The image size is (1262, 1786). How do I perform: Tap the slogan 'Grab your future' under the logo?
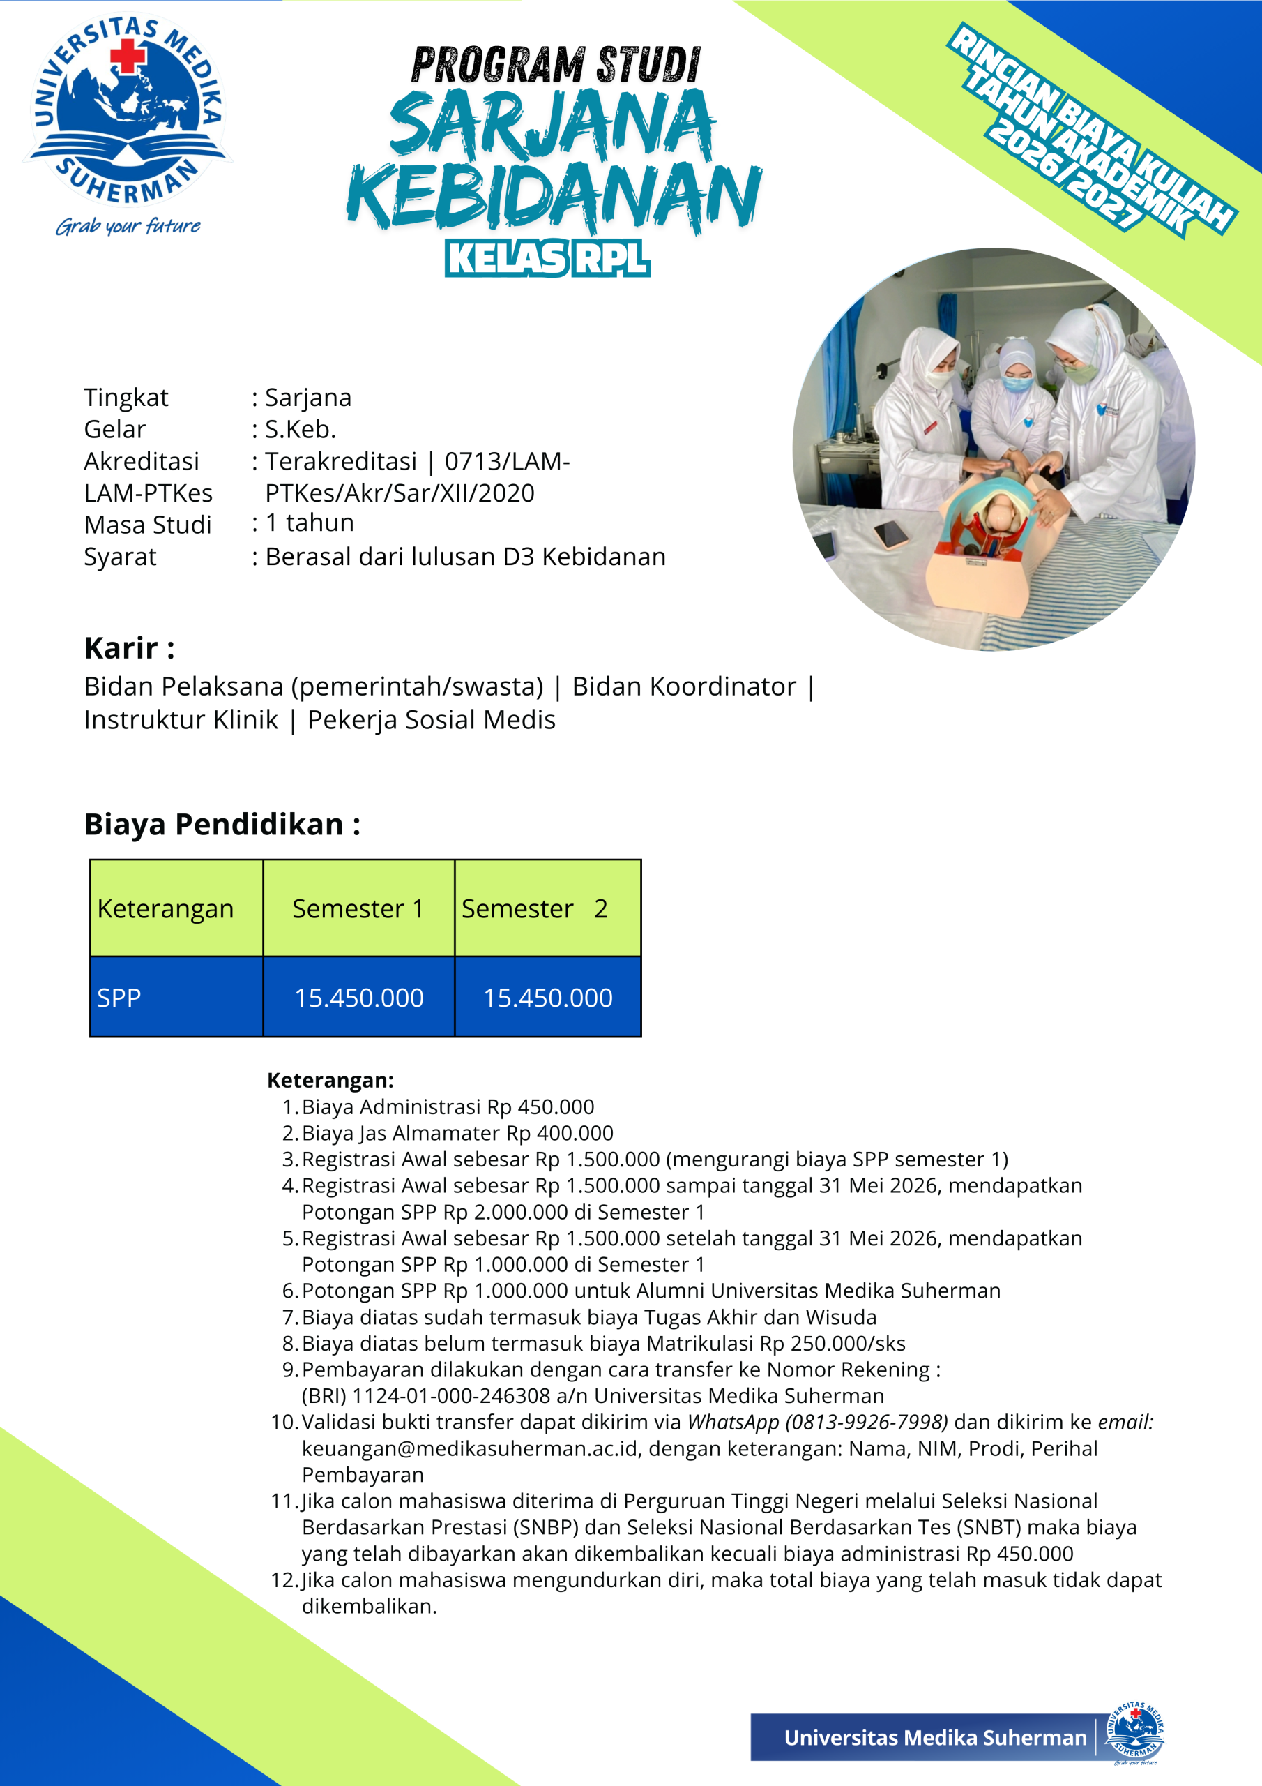(x=128, y=226)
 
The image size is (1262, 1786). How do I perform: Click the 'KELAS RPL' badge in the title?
(x=547, y=258)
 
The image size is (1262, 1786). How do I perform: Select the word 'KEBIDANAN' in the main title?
(x=554, y=197)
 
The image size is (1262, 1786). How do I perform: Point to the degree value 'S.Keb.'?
(x=301, y=429)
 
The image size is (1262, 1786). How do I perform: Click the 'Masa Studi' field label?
(x=148, y=525)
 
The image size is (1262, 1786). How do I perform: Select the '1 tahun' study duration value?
(x=310, y=523)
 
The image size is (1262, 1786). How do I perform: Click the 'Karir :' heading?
(x=129, y=648)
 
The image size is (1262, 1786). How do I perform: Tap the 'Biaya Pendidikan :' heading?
(x=222, y=825)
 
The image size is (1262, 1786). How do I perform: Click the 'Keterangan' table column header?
(x=166, y=908)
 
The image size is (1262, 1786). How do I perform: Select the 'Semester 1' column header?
(x=358, y=908)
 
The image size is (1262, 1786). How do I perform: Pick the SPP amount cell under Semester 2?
(x=547, y=998)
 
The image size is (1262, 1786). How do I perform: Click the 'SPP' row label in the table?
(x=119, y=998)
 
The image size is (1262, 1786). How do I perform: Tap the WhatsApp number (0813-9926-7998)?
(x=867, y=1423)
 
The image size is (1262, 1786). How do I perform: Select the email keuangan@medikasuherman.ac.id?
(x=471, y=1449)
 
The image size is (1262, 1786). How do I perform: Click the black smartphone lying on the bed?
(x=890, y=534)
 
